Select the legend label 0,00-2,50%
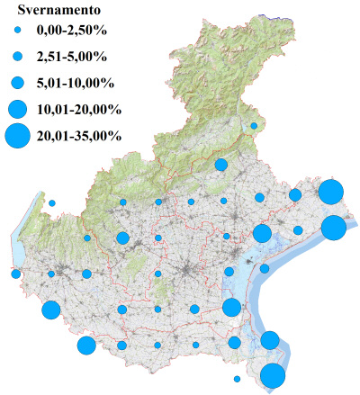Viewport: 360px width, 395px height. tap(70, 31)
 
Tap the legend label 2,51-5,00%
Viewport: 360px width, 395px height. tap(70, 57)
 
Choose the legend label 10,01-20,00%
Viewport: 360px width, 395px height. tap(77, 109)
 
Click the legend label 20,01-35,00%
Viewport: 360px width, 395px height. tap(77, 136)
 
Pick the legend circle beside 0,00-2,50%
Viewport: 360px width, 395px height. tap(18, 31)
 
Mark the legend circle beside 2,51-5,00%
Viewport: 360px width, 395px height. tap(18, 57)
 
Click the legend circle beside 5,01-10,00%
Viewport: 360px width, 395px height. tap(18, 83)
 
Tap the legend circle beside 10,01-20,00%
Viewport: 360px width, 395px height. tap(18, 109)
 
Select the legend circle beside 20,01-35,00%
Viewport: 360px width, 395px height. tap(18, 136)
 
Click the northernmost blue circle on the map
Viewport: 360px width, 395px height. tap(255, 126)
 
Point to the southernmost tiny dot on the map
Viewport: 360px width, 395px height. tap(237, 378)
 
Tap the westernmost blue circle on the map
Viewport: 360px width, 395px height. tap(15, 274)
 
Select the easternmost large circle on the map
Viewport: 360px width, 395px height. tap(333, 228)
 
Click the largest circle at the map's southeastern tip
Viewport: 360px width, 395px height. tap(273, 376)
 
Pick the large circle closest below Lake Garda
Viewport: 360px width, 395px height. tap(50, 310)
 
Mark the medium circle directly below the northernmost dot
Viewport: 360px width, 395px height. tap(221, 165)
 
